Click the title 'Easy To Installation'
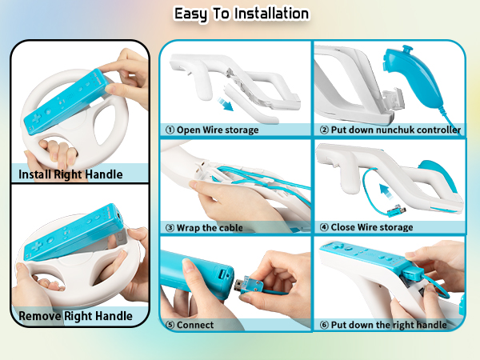(241, 14)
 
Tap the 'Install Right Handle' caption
(71, 174)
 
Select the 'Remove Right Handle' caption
(75, 315)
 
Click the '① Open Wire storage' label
(212, 129)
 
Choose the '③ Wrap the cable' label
(205, 226)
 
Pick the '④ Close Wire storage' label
(367, 226)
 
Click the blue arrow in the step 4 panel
(385, 192)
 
